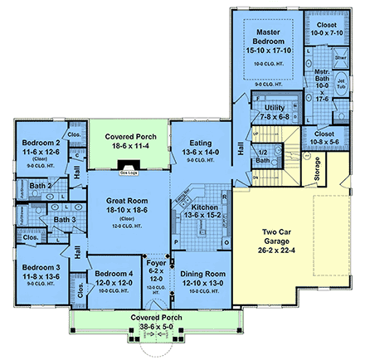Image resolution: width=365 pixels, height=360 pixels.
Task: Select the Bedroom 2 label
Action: click(40, 148)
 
